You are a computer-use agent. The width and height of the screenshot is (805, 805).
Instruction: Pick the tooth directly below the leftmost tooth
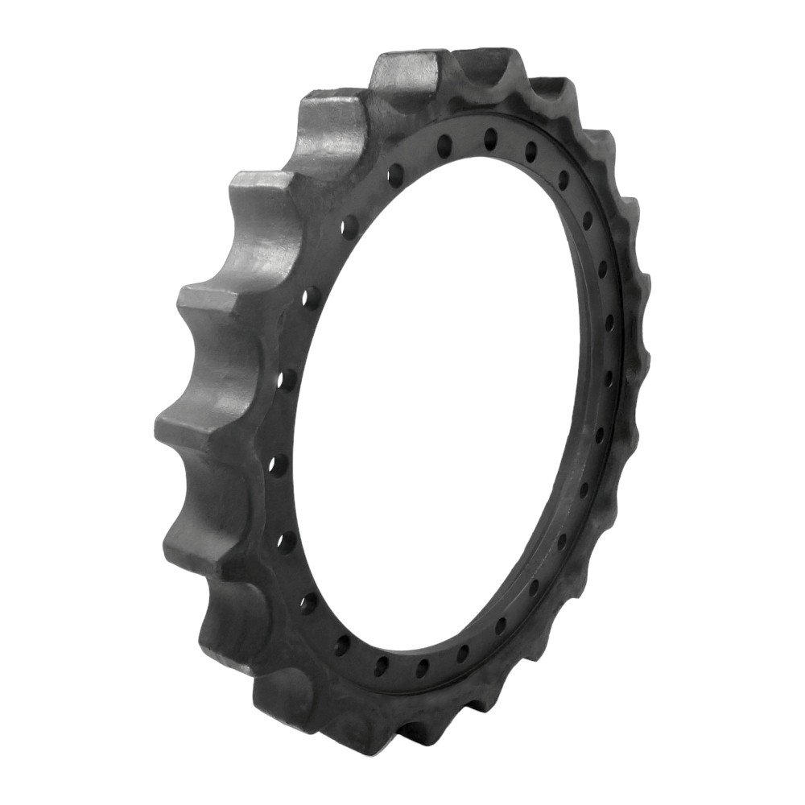point(193,535)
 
